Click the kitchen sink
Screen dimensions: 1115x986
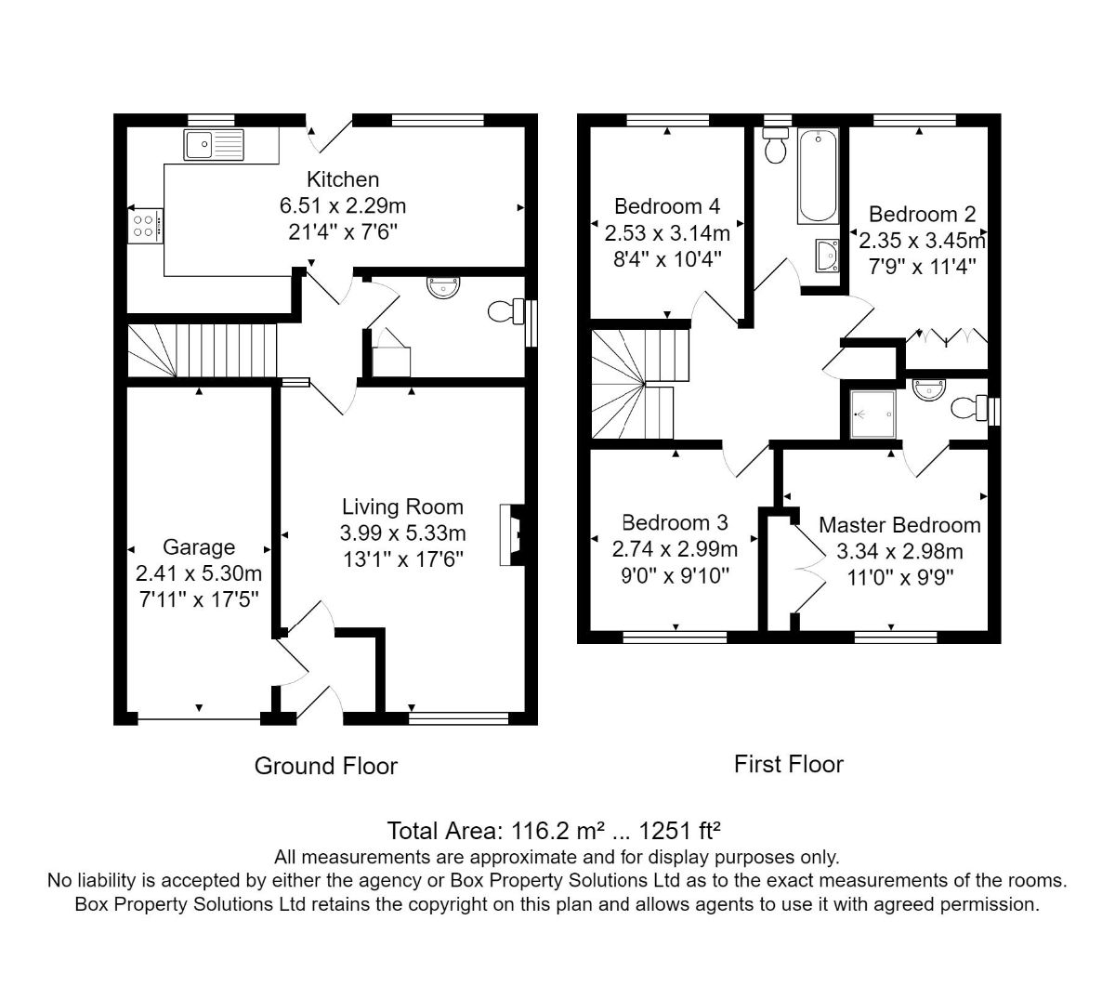pos(214,145)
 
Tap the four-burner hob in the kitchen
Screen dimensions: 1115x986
pos(145,226)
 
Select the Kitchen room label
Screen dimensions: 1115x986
pos(343,179)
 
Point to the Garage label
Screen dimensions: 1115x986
pos(199,547)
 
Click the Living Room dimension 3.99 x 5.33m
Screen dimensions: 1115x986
pos(402,532)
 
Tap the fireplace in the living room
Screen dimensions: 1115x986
pos(512,534)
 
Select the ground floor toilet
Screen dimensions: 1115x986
pos(505,311)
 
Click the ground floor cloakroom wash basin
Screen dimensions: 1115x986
pos(443,287)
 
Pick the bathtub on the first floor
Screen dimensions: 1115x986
pos(818,176)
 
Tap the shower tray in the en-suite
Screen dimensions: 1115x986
pos(872,414)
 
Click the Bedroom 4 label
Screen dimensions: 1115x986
pos(667,206)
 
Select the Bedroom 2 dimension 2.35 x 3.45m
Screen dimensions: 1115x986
pos(922,241)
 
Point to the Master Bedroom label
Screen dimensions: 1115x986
pos(899,525)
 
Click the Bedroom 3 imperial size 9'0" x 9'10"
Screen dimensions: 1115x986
pos(675,576)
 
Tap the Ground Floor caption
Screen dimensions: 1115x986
pos(326,767)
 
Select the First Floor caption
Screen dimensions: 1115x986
pos(789,765)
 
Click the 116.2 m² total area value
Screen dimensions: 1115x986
pos(558,831)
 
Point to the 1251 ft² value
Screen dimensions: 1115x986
pos(679,831)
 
